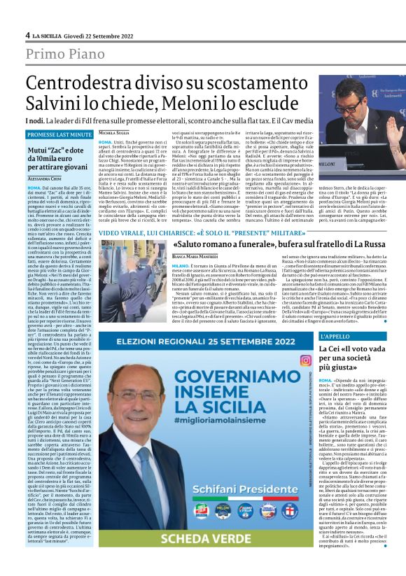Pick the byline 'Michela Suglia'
point(113,132)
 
